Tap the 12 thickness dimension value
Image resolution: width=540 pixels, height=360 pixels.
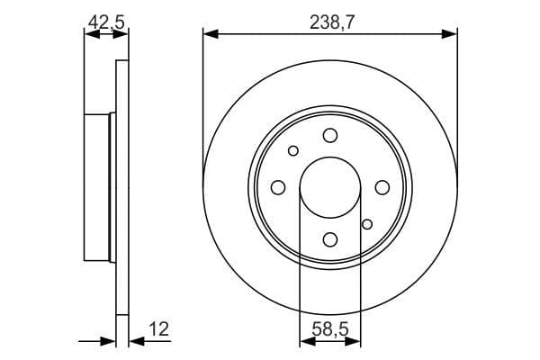tap(158, 330)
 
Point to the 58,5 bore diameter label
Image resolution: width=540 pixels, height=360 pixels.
tap(329, 330)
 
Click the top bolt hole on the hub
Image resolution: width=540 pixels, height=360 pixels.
tap(330, 135)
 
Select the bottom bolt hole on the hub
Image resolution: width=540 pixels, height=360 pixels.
tap(330, 238)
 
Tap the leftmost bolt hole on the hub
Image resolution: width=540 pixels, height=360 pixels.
tap(278, 187)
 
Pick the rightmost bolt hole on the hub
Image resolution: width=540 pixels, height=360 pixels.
tap(382, 187)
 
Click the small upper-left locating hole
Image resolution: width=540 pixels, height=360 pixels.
tap(292, 150)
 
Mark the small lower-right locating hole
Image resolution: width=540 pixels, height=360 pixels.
tap(366, 223)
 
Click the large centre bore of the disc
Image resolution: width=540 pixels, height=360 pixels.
tap(329, 187)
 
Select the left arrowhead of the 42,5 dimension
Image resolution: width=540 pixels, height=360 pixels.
tap(90, 35)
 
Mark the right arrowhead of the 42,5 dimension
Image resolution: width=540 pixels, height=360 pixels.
tap(121, 35)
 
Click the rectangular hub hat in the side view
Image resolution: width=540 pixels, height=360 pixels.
tap(97, 186)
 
